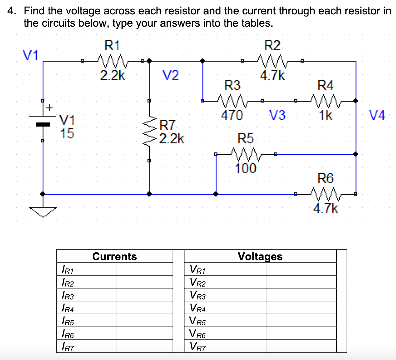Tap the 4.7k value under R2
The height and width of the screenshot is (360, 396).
272,75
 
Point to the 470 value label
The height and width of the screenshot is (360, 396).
232,115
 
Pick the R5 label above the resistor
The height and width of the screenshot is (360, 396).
246,138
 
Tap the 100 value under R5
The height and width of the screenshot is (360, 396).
246,168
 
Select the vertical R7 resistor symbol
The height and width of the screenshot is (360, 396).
150,131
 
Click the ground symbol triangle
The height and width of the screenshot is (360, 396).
43,211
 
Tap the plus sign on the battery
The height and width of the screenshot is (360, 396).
49,107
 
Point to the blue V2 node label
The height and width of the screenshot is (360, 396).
171,75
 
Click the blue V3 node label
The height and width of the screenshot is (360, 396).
277,115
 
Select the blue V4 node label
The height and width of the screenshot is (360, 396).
377,115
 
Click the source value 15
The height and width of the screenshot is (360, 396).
67,133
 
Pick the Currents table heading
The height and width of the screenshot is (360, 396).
115,256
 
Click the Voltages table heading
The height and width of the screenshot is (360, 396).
260,256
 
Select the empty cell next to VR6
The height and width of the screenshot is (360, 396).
301,333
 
